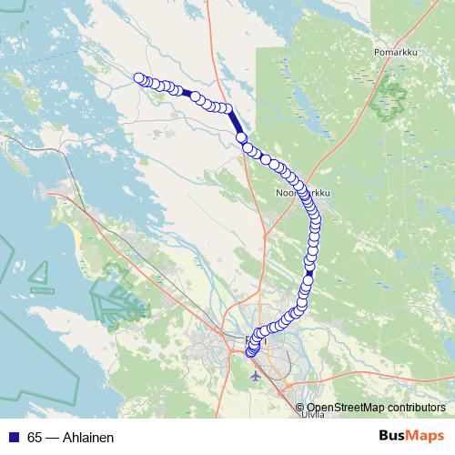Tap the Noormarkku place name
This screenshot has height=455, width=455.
click(296, 194)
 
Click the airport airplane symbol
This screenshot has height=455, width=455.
click(254, 375)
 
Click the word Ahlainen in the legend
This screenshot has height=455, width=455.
click(87, 437)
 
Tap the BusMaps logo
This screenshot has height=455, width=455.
click(411, 437)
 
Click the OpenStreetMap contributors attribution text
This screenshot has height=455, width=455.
click(376, 407)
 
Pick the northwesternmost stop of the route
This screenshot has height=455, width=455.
click(139, 78)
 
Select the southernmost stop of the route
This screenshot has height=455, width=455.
click(250, 353)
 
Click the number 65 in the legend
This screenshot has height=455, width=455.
click(35, 437)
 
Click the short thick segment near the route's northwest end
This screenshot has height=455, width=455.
click(186, 92)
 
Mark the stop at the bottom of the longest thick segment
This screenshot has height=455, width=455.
click(241, 137)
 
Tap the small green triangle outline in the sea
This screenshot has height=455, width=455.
click(42, 273)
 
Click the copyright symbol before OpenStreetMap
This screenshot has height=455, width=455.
click(301, 407)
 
